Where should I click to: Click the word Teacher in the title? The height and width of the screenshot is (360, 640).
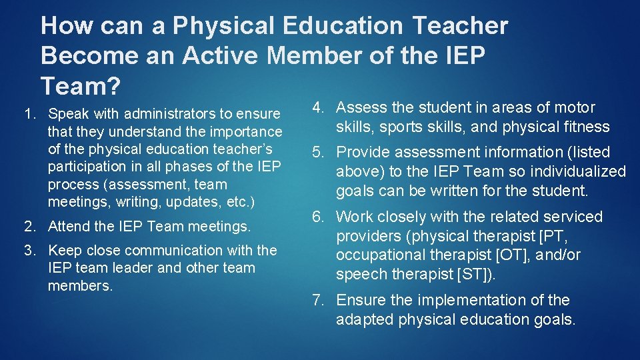[x=460, y=26]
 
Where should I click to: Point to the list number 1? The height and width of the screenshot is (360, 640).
[x=29, y=113]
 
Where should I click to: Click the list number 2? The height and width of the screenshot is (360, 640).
[x=29, y=227]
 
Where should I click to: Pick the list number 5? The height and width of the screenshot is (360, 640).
[x=319, y=153]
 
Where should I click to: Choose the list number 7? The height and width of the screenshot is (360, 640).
[x=319, y=301]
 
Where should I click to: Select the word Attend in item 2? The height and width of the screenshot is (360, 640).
[x=69, y=227]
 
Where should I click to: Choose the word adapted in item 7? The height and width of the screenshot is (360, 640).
[x=364, y=319]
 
